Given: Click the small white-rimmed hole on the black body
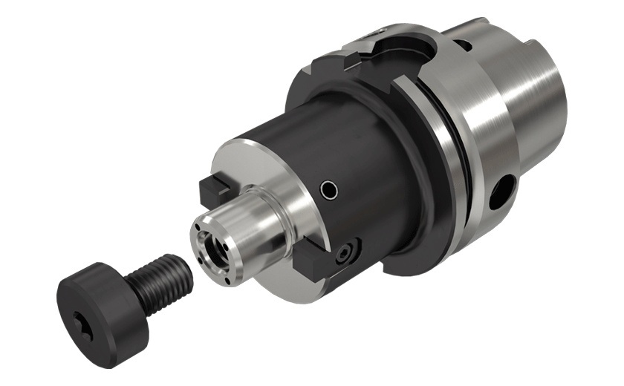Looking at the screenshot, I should point(328,192).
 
